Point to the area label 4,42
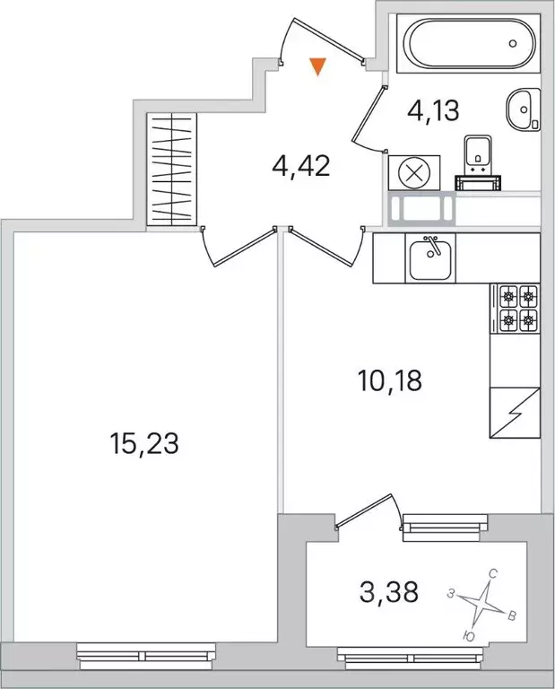tap(300, 166)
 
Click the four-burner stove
tap(516, 308)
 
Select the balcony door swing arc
tap(368, 511)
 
